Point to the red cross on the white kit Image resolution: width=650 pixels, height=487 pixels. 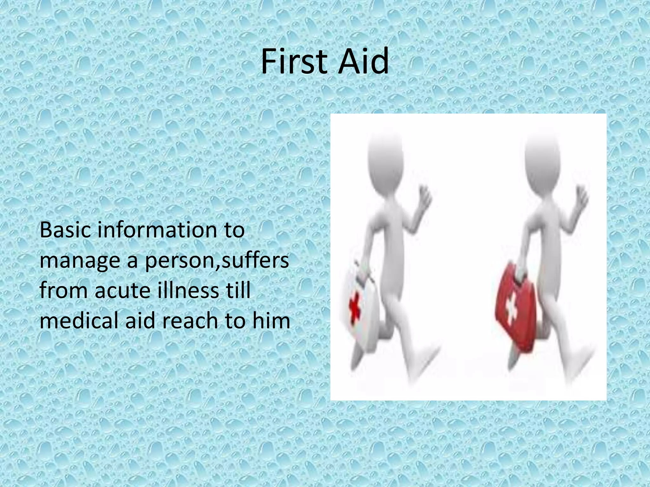(354, 309)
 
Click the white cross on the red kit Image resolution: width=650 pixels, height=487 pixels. (511, 309)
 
